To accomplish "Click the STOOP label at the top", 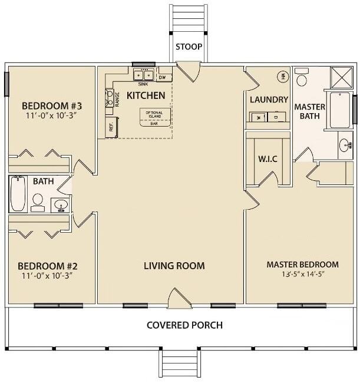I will tap(189, 47).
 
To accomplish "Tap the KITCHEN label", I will tap(146, 95).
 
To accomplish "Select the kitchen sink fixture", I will tap(143, 75).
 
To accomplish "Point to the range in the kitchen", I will tap(110, 98).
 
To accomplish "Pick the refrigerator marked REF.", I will tap(111, 125).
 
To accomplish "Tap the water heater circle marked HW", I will tap(283, 76).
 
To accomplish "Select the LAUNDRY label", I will tap(269, 100).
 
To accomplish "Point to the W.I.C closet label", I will tap(267, 159).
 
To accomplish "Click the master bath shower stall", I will tap(340, 76).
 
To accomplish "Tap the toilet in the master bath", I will tap(303, 79).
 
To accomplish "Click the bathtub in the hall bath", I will tap(18, 195).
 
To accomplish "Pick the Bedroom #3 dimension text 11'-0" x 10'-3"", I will tap(52, 115).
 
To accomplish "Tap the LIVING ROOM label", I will tap(174, 266).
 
